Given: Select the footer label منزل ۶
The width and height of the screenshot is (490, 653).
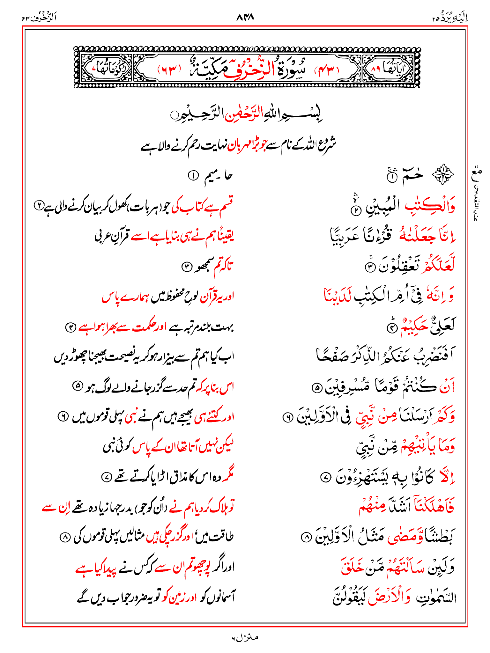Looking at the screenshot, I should [245, 638].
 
